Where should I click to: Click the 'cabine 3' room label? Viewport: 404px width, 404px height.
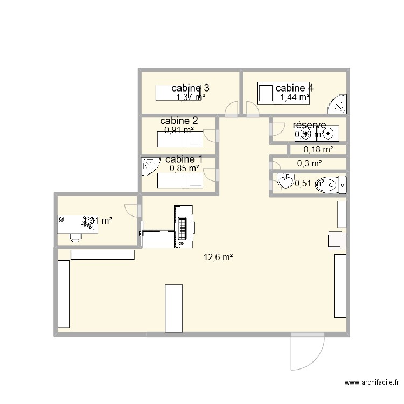tap(190, 88)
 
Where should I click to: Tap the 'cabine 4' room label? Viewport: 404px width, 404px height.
tap(294, 88)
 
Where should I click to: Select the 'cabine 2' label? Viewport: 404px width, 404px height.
tap(179, 121)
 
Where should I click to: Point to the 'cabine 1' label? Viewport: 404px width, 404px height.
tap(184, 159)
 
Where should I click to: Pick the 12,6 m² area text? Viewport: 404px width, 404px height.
tap(218, 257)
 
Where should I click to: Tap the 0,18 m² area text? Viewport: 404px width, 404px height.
tap(318, 150)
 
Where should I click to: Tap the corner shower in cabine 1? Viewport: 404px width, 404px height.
tap(150, 166)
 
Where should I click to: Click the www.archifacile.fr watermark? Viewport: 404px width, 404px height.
tap(371, 383)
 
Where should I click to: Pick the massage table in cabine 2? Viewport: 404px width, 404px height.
tap(179, 140)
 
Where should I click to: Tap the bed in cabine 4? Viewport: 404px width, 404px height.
tap(266, 94)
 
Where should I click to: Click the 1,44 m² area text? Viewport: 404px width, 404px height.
tap(294, 97)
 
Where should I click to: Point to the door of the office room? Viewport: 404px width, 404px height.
tap(131, 210)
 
